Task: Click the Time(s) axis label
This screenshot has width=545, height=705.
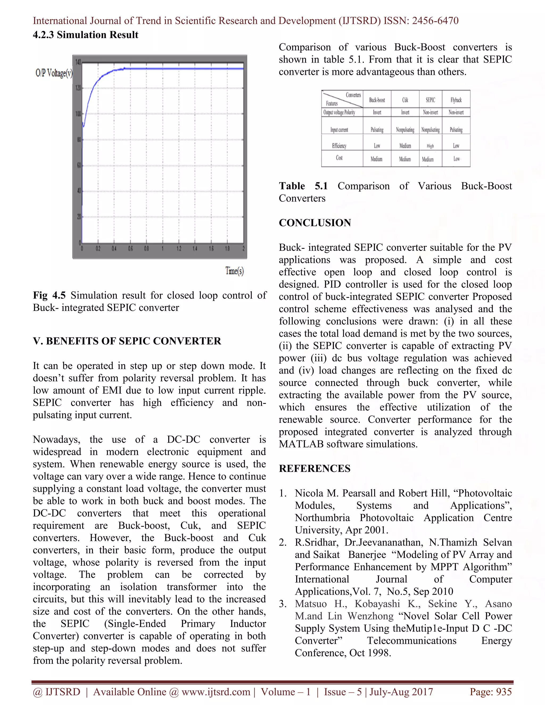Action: (234, 271)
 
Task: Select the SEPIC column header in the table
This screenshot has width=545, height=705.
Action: (430, 100)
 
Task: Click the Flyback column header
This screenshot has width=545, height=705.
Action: (456, 100)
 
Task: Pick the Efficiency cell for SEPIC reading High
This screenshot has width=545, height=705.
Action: (430, 146)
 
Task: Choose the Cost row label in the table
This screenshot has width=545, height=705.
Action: (339, 158)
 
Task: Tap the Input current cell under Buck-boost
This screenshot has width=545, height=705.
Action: (377, 130)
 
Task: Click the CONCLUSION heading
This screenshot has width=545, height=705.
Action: (315, 223)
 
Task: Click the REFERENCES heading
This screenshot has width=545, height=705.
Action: (315, 468)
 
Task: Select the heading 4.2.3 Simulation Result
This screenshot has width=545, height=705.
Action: (86, 35)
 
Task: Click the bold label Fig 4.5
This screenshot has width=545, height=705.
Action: (49, 295)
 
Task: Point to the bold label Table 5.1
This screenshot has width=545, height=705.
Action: (303, 186)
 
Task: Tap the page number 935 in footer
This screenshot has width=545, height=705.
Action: (504, 692)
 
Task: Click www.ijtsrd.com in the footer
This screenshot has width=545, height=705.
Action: (216, 692)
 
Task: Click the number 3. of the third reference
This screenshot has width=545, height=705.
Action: (283, 604)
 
